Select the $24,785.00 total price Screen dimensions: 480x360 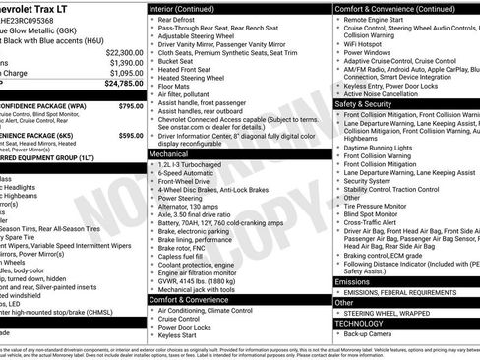point(120,86)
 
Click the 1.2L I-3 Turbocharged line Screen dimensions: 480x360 point(194,165)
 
